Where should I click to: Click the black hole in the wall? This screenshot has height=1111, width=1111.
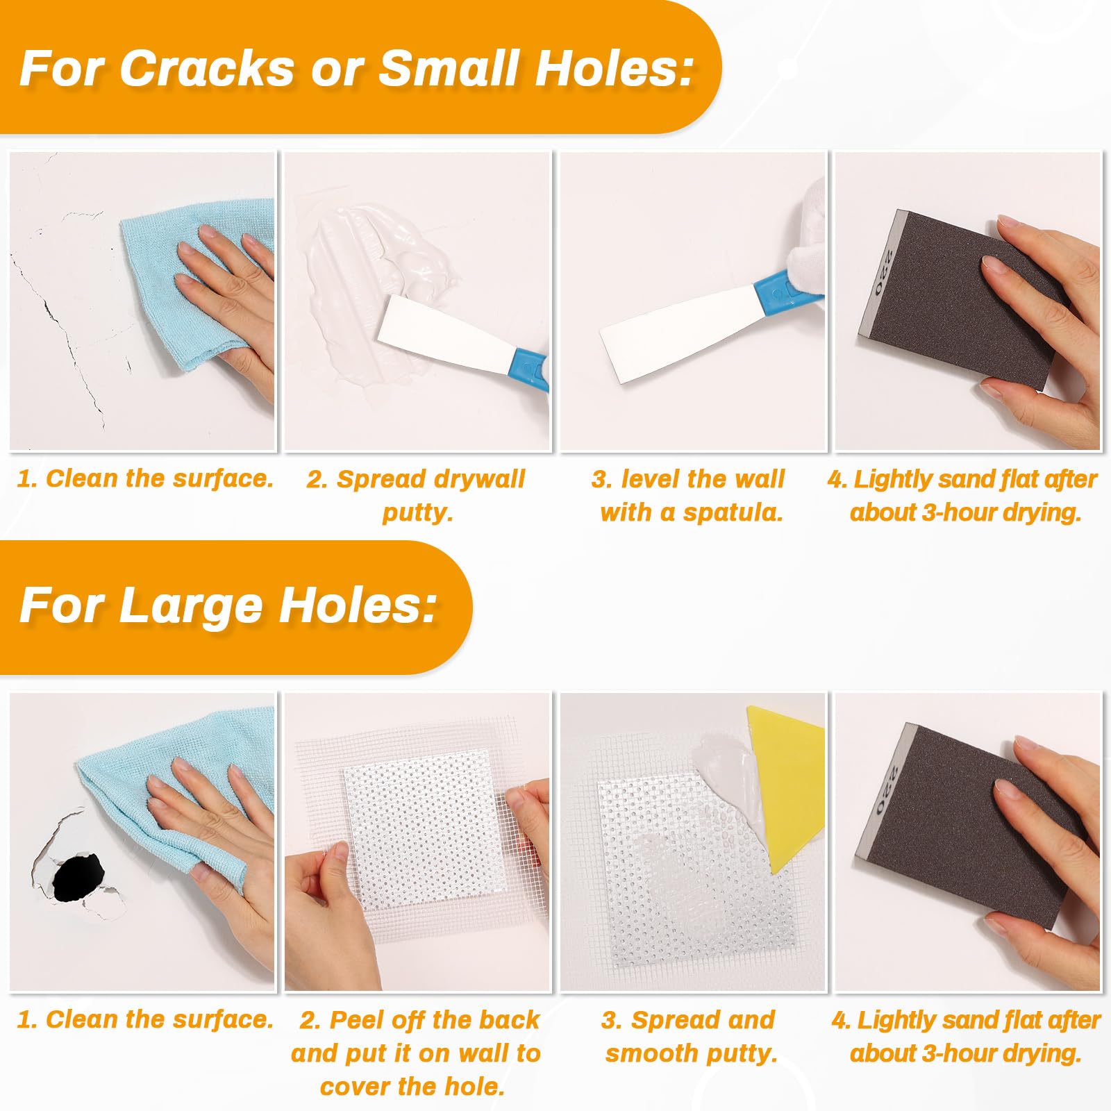78,878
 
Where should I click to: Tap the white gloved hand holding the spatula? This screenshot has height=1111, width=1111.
805,240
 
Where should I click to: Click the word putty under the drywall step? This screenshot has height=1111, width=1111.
417,512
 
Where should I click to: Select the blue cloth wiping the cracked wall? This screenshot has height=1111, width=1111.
198,278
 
